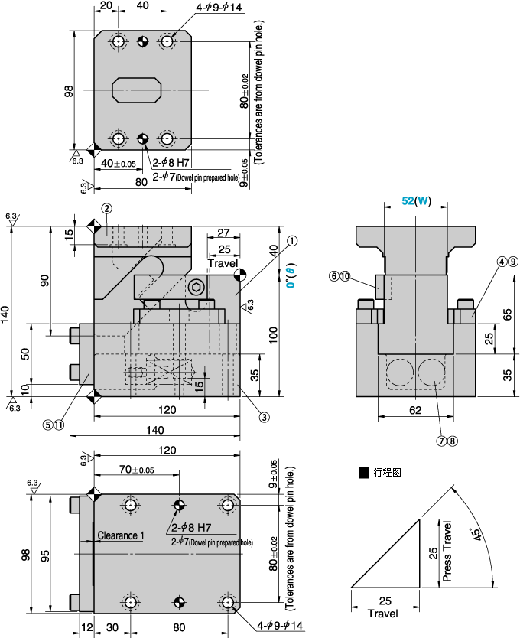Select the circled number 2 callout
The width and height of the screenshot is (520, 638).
point(107,208)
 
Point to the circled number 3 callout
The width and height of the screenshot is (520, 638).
point(263,417)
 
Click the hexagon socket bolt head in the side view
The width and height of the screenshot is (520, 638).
point(196,288)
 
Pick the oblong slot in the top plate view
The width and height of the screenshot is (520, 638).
point(138,90)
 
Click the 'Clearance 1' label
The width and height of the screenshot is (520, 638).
point(121,536)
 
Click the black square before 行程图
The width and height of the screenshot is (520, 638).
point(363,473)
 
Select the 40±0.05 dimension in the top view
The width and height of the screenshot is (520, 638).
point(118,163)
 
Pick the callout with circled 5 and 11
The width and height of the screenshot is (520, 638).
point(54,425)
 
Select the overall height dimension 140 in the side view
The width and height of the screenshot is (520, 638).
point(6,312)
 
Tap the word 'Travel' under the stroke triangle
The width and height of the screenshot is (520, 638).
point(382,614)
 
